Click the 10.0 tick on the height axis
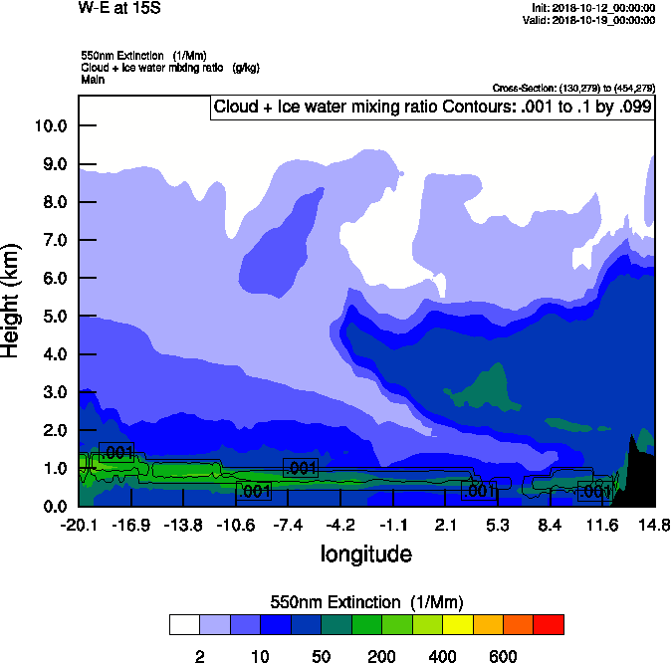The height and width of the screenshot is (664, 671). [50, 126]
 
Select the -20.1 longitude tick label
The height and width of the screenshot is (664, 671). [78, 525]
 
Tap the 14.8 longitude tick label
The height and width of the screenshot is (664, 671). [654, 525]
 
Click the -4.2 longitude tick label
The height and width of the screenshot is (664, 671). [340, 525]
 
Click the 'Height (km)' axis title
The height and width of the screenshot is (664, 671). [13, 300]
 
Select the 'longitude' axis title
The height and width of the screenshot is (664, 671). [365, 553]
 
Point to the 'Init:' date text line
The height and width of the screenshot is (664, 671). [593, 8]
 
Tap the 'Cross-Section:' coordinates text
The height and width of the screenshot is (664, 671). [573, 89]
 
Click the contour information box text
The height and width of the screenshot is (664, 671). [432, 107]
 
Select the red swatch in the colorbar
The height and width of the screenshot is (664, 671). [549, 624]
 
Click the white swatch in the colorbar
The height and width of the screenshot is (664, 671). [184, 624]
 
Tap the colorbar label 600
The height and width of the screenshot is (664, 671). [503, 656]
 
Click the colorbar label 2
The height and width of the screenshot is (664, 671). [199, 656]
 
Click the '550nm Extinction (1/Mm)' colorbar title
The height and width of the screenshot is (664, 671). [366, 602]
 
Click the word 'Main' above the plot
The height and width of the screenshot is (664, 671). [93, 79]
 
